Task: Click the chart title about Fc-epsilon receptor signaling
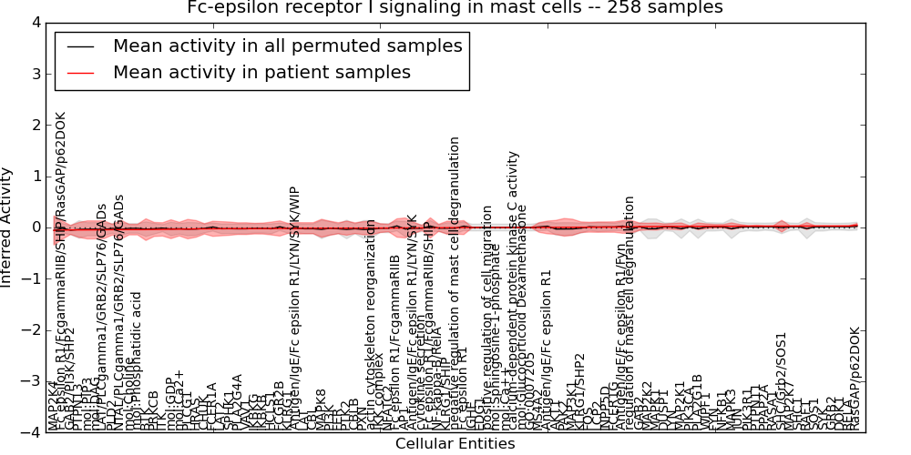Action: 455,8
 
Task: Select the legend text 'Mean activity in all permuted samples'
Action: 287,45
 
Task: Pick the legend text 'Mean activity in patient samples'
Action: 261,72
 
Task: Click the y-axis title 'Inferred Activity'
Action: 7,227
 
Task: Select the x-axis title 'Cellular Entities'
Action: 455,444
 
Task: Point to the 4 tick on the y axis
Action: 35,23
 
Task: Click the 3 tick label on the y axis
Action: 35,74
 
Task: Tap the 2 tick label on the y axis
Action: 35,125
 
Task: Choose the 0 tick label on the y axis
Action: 35,227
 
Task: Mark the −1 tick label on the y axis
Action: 31,278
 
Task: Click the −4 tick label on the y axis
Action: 31,432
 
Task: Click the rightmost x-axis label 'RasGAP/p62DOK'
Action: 854,378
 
